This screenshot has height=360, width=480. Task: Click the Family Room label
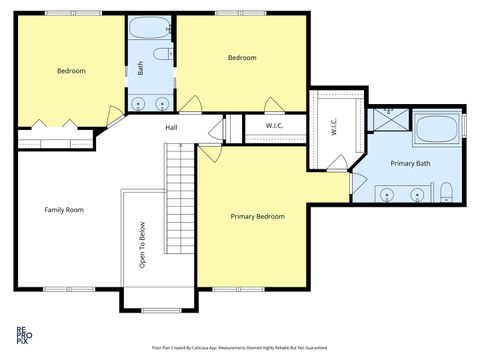pos(63,210)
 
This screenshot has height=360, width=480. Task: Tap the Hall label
pos(172,127)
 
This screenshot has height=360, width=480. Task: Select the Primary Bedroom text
pos(257,217)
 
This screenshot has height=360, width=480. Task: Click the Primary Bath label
pos(410,163)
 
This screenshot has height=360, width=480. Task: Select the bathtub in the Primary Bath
pos(436,130)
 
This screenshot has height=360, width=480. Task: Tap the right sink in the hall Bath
pos(162,104)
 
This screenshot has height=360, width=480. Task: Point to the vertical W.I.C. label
pos(332,127)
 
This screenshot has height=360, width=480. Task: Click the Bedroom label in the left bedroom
pos(70,71)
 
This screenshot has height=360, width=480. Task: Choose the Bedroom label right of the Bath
pos(242,58)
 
